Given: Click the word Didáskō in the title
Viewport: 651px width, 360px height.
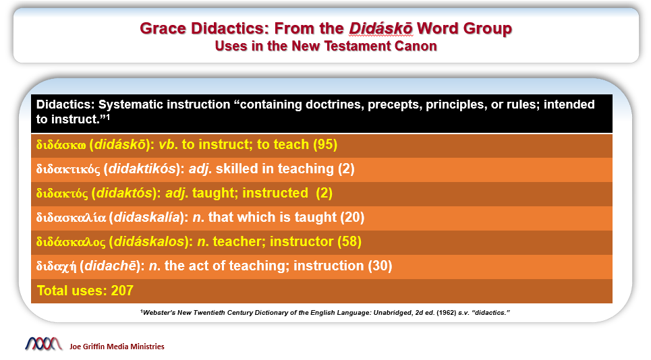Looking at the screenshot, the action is coord(380,28).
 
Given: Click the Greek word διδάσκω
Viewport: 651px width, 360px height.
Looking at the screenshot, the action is coord(61,145).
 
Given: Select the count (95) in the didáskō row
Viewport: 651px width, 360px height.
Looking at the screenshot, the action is coord(325,145).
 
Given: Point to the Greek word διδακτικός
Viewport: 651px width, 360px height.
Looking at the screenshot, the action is coord(68,169).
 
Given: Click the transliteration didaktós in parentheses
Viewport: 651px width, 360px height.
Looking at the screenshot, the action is coord(124,193).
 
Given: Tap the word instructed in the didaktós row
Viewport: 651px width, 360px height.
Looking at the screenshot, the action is coord(275,193).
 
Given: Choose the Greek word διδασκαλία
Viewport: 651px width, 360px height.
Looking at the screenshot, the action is coord(71,217).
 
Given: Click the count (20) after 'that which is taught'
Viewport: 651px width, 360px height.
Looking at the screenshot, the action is coord(352,217).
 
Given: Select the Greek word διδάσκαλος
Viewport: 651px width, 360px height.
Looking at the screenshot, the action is coord(71,242).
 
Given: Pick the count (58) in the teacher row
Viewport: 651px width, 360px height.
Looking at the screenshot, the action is coord(349,241).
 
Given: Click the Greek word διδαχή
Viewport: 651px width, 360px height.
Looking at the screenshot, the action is coord(56,266).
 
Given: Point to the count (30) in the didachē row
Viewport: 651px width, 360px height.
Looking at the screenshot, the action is coord(380,266).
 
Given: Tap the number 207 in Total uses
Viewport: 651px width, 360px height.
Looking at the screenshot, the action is coord(122,291).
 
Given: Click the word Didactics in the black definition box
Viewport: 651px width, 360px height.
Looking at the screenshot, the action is coord(65,104).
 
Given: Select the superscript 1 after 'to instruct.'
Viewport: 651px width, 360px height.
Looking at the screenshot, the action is coord(108,117).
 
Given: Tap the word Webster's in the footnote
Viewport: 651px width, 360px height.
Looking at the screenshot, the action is coord(159,313).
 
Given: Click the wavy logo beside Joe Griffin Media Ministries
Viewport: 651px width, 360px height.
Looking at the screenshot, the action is coord(44,344).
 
